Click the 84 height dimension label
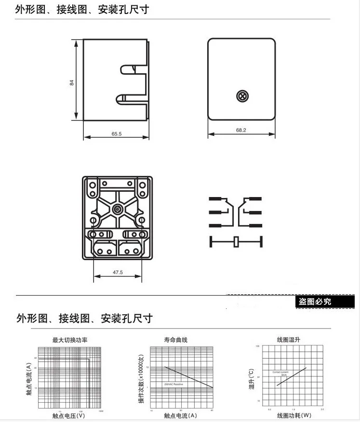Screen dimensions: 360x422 [72, 82]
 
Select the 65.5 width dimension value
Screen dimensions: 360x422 [117, 134]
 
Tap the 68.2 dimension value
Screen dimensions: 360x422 [241, 130]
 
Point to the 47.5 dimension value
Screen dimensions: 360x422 [118, 273]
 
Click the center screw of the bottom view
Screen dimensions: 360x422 [118, 210]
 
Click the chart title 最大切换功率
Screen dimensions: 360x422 [70, 340]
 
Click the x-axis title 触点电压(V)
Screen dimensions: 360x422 [68, 415]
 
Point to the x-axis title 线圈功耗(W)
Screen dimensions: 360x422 [294, 415]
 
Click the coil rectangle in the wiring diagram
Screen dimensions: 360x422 [236, 242]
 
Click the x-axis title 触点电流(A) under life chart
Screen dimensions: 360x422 [181, 415]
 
